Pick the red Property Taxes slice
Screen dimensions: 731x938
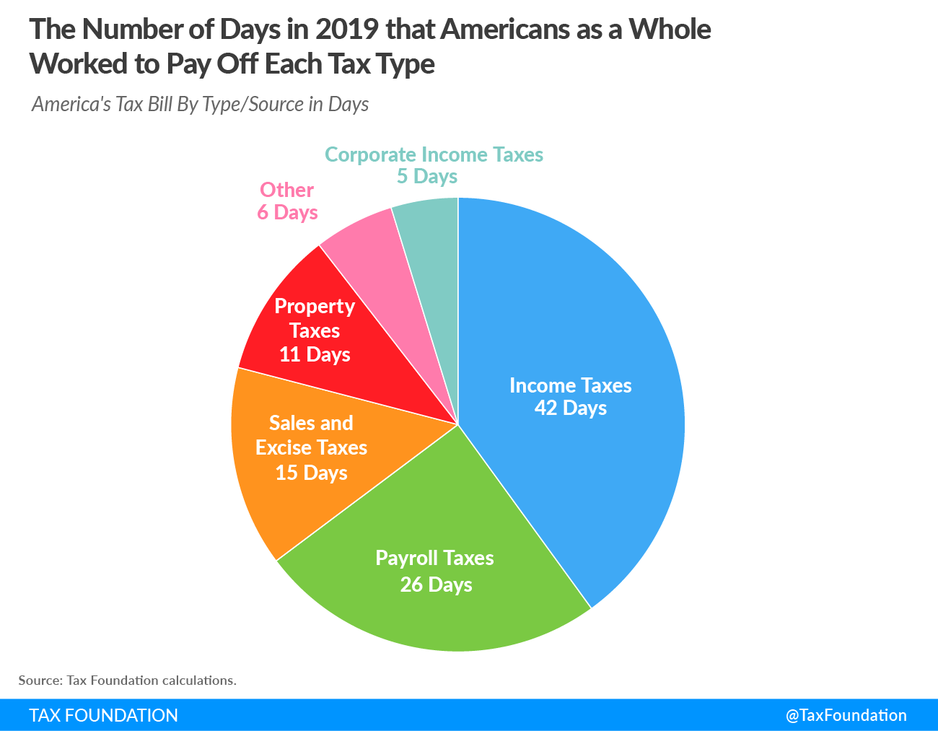(x=289, y=289)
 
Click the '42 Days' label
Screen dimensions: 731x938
(x=571, y=408)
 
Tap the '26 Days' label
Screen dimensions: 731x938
(x=436, y=585)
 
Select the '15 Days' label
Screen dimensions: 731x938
(x=311, y=473)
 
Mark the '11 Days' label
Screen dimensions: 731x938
(x=315, y=355)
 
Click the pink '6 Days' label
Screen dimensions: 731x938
(x=287, y=213)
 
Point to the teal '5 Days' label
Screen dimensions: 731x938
(x=427, y=177)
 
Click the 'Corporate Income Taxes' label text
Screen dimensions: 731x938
(x=434, y=154)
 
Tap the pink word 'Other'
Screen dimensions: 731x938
(x=286, y=190)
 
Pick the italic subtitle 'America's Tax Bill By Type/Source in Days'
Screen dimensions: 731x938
(x=200, y=105)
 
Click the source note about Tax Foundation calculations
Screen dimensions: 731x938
(x=127, y=680)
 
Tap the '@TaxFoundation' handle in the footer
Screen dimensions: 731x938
(x=846, y=715)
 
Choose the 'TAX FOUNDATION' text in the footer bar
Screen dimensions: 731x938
(x=103, y=715)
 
